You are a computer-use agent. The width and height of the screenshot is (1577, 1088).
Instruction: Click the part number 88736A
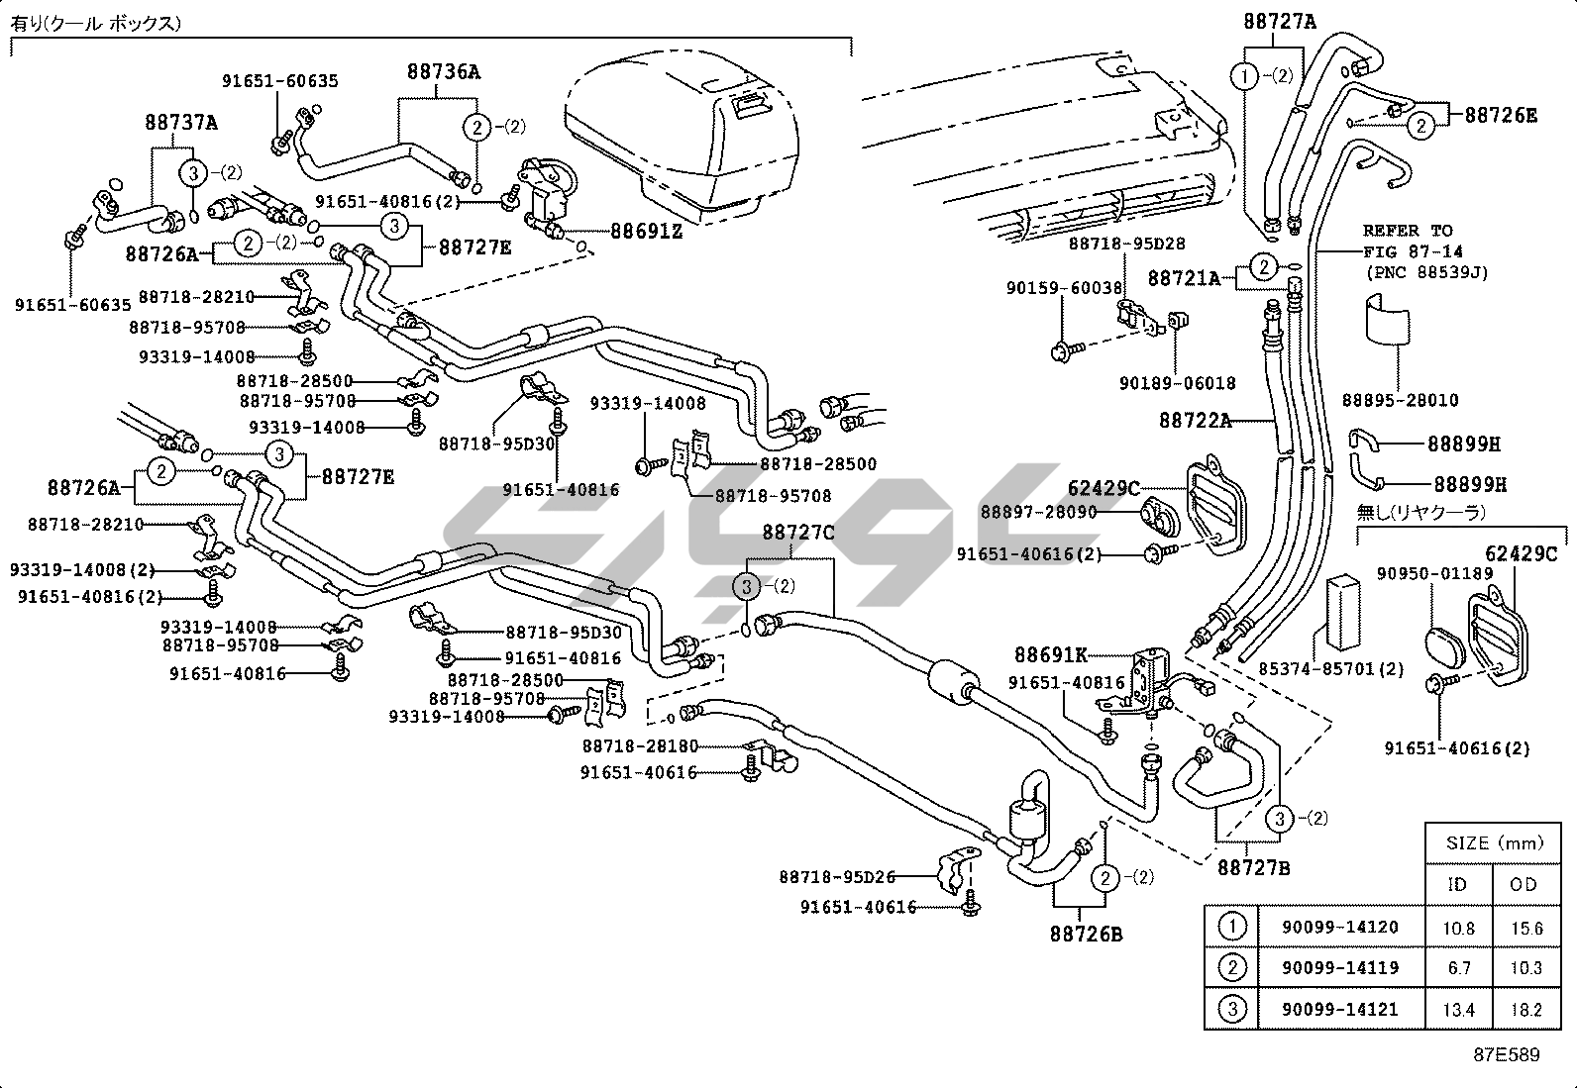click(x=443, y=71)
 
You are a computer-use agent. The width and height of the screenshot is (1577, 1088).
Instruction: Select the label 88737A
click(x=181, y=123)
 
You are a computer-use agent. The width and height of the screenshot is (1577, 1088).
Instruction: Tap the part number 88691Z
click(x=646, y=231)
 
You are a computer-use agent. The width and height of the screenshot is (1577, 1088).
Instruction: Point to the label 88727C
click(x=797, y=533)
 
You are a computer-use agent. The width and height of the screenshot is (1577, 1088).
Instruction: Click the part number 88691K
click(x=1050, y=654)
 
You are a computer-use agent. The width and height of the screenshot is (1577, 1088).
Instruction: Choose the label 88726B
click(x=1086, y=933)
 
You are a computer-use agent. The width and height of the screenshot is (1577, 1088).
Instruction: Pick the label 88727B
click(x=1253, y=868)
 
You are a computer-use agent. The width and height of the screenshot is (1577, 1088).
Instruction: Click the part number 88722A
click(x=1195, y=421)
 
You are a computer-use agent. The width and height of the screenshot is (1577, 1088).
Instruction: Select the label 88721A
click(x=1184, y=278)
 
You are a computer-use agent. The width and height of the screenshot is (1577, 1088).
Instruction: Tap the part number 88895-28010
click(x=1400, y=401)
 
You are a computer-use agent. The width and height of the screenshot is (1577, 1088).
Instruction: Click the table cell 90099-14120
click(x=1339, y=928)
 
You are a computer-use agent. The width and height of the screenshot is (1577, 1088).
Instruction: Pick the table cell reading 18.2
click(x=1525, y=1010)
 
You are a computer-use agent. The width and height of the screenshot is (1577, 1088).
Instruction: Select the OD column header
click(x=1524, y=884)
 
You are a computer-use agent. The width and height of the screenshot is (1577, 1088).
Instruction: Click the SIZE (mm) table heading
click(x=1495, y=843)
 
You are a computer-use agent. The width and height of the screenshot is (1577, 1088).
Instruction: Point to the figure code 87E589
click(x=1506, y=1054)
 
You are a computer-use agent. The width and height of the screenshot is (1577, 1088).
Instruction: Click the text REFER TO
click(x=1407, y=231)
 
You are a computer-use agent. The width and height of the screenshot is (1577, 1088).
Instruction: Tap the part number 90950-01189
click(x=1434, y=573)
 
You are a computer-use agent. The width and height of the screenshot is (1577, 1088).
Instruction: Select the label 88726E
click(x=1501, y=115)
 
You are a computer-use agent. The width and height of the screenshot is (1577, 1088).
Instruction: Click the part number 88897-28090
click(x=1039, y=511)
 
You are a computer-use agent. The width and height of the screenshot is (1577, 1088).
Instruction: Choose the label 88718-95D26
click(x=836, y=876)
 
